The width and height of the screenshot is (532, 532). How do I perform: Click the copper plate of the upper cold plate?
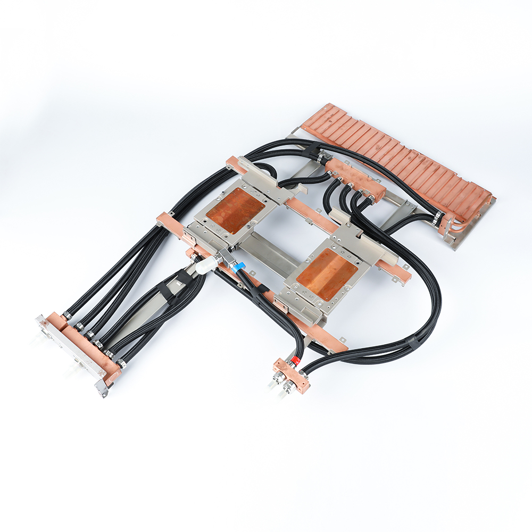click(235, 210)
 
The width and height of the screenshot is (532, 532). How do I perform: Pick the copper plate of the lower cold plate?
click(327, 273)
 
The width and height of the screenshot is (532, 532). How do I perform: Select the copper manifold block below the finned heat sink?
click(354, 178)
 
